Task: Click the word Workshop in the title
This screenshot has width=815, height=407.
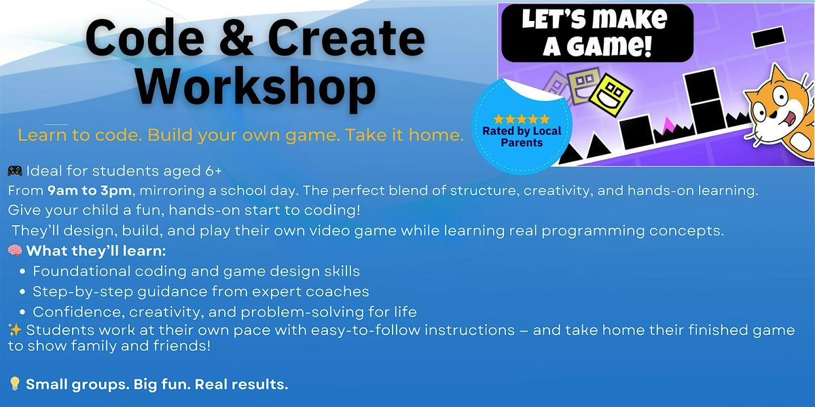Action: tap(260, 88)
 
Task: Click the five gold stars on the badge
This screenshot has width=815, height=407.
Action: tap(521, 119)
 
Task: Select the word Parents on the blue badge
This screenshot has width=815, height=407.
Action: tap(521, 142)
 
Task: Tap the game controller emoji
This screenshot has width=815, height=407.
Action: tap(14, 170)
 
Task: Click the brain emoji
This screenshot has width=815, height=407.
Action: tap(14, 252)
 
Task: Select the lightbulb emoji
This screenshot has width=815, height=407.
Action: tap(14, 385)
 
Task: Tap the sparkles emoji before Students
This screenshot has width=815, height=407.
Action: tap(14, 330)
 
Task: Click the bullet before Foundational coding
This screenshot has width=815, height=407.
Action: tap(23, 272)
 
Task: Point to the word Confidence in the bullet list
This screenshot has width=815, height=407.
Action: tap(74, 312)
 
